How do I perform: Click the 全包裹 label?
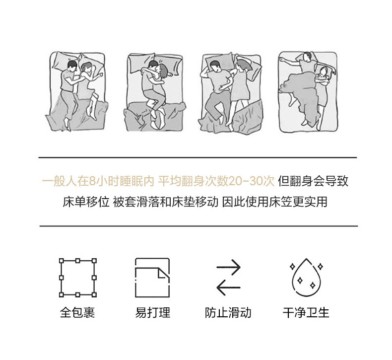point(77,313)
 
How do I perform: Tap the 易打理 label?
point(152,313)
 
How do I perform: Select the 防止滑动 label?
point(228,313)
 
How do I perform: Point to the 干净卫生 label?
point(306,313)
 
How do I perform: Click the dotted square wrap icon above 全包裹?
point(61,278)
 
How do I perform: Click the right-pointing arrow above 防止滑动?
point(228,267)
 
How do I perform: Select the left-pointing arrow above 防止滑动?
point(228,288)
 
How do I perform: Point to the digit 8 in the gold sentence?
point(92,181)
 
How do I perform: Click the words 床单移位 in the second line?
point(86,202)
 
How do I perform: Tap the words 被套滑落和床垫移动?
point(166,202)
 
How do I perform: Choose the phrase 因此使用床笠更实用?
point(275,202)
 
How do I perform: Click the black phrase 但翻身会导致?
point(313,181)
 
